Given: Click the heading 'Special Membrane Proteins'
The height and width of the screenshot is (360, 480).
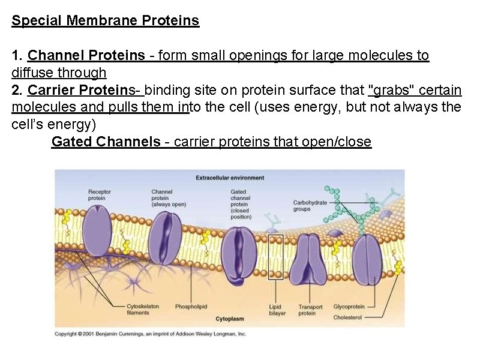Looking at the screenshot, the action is [x=106, y=21].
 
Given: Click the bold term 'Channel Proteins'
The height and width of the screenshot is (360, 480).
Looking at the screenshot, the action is [x=86, y=56].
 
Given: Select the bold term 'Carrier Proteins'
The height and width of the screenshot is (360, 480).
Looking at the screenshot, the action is [x=83, y=91].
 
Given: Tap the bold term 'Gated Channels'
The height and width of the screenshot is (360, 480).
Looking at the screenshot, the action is [x=106, y=142].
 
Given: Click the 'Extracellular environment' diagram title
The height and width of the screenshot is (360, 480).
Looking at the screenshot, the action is [x=230, y=178].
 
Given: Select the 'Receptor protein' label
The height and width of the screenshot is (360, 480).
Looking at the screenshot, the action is [x=98, y=195].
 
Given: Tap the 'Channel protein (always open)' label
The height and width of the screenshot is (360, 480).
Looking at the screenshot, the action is [x=169, y=198].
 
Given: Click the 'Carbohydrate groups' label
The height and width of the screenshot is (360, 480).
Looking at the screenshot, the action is [x=310, y=205].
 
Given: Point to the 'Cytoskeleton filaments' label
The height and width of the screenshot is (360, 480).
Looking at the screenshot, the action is [x=142, y=309].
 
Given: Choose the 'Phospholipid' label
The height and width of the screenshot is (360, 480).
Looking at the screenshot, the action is [x=191, y=307].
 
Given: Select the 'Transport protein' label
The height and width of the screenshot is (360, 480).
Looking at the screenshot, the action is [x=310, y=310].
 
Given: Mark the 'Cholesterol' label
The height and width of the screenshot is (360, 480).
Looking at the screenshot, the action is [x=347, y=317].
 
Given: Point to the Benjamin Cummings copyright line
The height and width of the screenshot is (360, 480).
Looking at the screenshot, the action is [x=150, y=334].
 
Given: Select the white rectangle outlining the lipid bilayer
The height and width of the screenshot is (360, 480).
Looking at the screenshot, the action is [x=275, y=257].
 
